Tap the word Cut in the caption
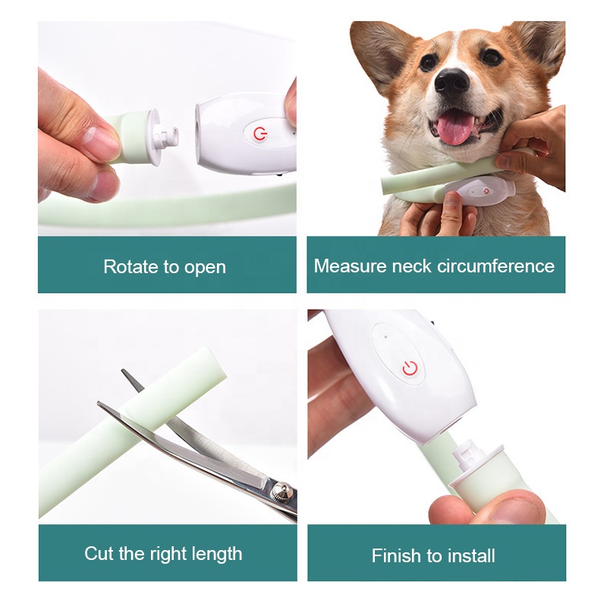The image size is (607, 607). (x=99, y=553)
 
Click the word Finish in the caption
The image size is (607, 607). (x=397, y=555)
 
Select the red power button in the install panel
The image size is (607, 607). (x=410, y=369)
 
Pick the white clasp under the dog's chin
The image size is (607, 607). (x=479, y=190)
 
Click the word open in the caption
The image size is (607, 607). (x=206, y=268)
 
